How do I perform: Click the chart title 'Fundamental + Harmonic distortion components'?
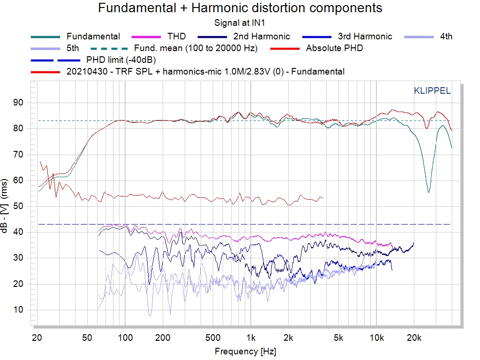(x=240, y=8)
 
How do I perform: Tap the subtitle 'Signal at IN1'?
(x=240, y=22)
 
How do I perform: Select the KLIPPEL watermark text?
(x=432, y=91)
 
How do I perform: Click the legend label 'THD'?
(x=176, y=36)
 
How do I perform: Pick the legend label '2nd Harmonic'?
(x=262, y=36)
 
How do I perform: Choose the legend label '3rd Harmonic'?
(x=365, y=36)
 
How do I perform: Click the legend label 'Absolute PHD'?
(x=334, y=48)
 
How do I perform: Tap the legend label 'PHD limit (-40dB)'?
(x=121, y=60)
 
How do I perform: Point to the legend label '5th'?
(x=73, y=48)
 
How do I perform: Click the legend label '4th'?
(x=446, y=36)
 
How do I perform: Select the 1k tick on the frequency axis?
(x=251, y=338)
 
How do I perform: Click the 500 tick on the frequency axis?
(x=213, y=338)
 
